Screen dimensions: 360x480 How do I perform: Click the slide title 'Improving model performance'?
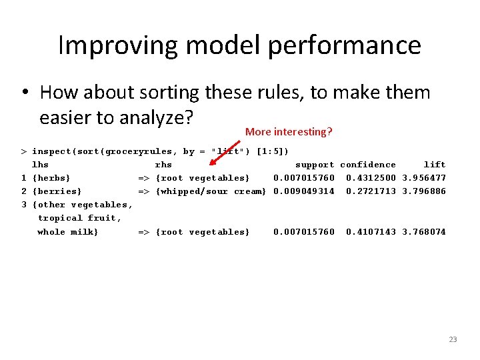239,45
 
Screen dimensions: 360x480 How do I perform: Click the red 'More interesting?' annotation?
288,132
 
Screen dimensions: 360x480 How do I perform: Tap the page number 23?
453,339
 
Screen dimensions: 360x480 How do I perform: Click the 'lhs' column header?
40,165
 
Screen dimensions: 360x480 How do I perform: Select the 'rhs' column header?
163,165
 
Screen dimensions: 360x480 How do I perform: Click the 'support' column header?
315,165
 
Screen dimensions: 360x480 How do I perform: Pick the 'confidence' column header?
368,165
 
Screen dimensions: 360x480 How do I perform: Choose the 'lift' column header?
435,165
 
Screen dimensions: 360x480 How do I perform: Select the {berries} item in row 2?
57,191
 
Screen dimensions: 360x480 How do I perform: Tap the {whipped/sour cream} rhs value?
211,191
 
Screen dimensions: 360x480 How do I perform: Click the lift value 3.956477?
424,178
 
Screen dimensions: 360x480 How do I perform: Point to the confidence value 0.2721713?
371,191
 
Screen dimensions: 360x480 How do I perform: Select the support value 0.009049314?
304,191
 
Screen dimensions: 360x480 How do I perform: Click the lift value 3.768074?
424,232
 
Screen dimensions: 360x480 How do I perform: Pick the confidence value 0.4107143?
371,232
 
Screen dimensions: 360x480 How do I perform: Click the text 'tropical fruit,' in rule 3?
79,218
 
